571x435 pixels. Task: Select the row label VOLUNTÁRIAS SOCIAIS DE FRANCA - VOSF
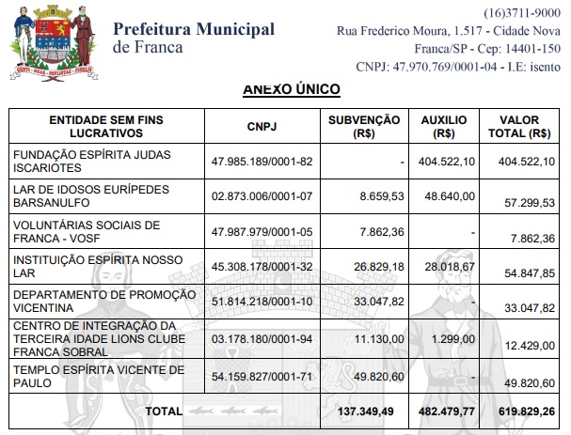[x=85, y=232]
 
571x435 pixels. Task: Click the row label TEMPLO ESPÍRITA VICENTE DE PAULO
[x=86, y=378]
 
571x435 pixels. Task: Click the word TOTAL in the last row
[x=164, y=411]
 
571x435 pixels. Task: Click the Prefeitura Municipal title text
[x=194, y=29]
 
